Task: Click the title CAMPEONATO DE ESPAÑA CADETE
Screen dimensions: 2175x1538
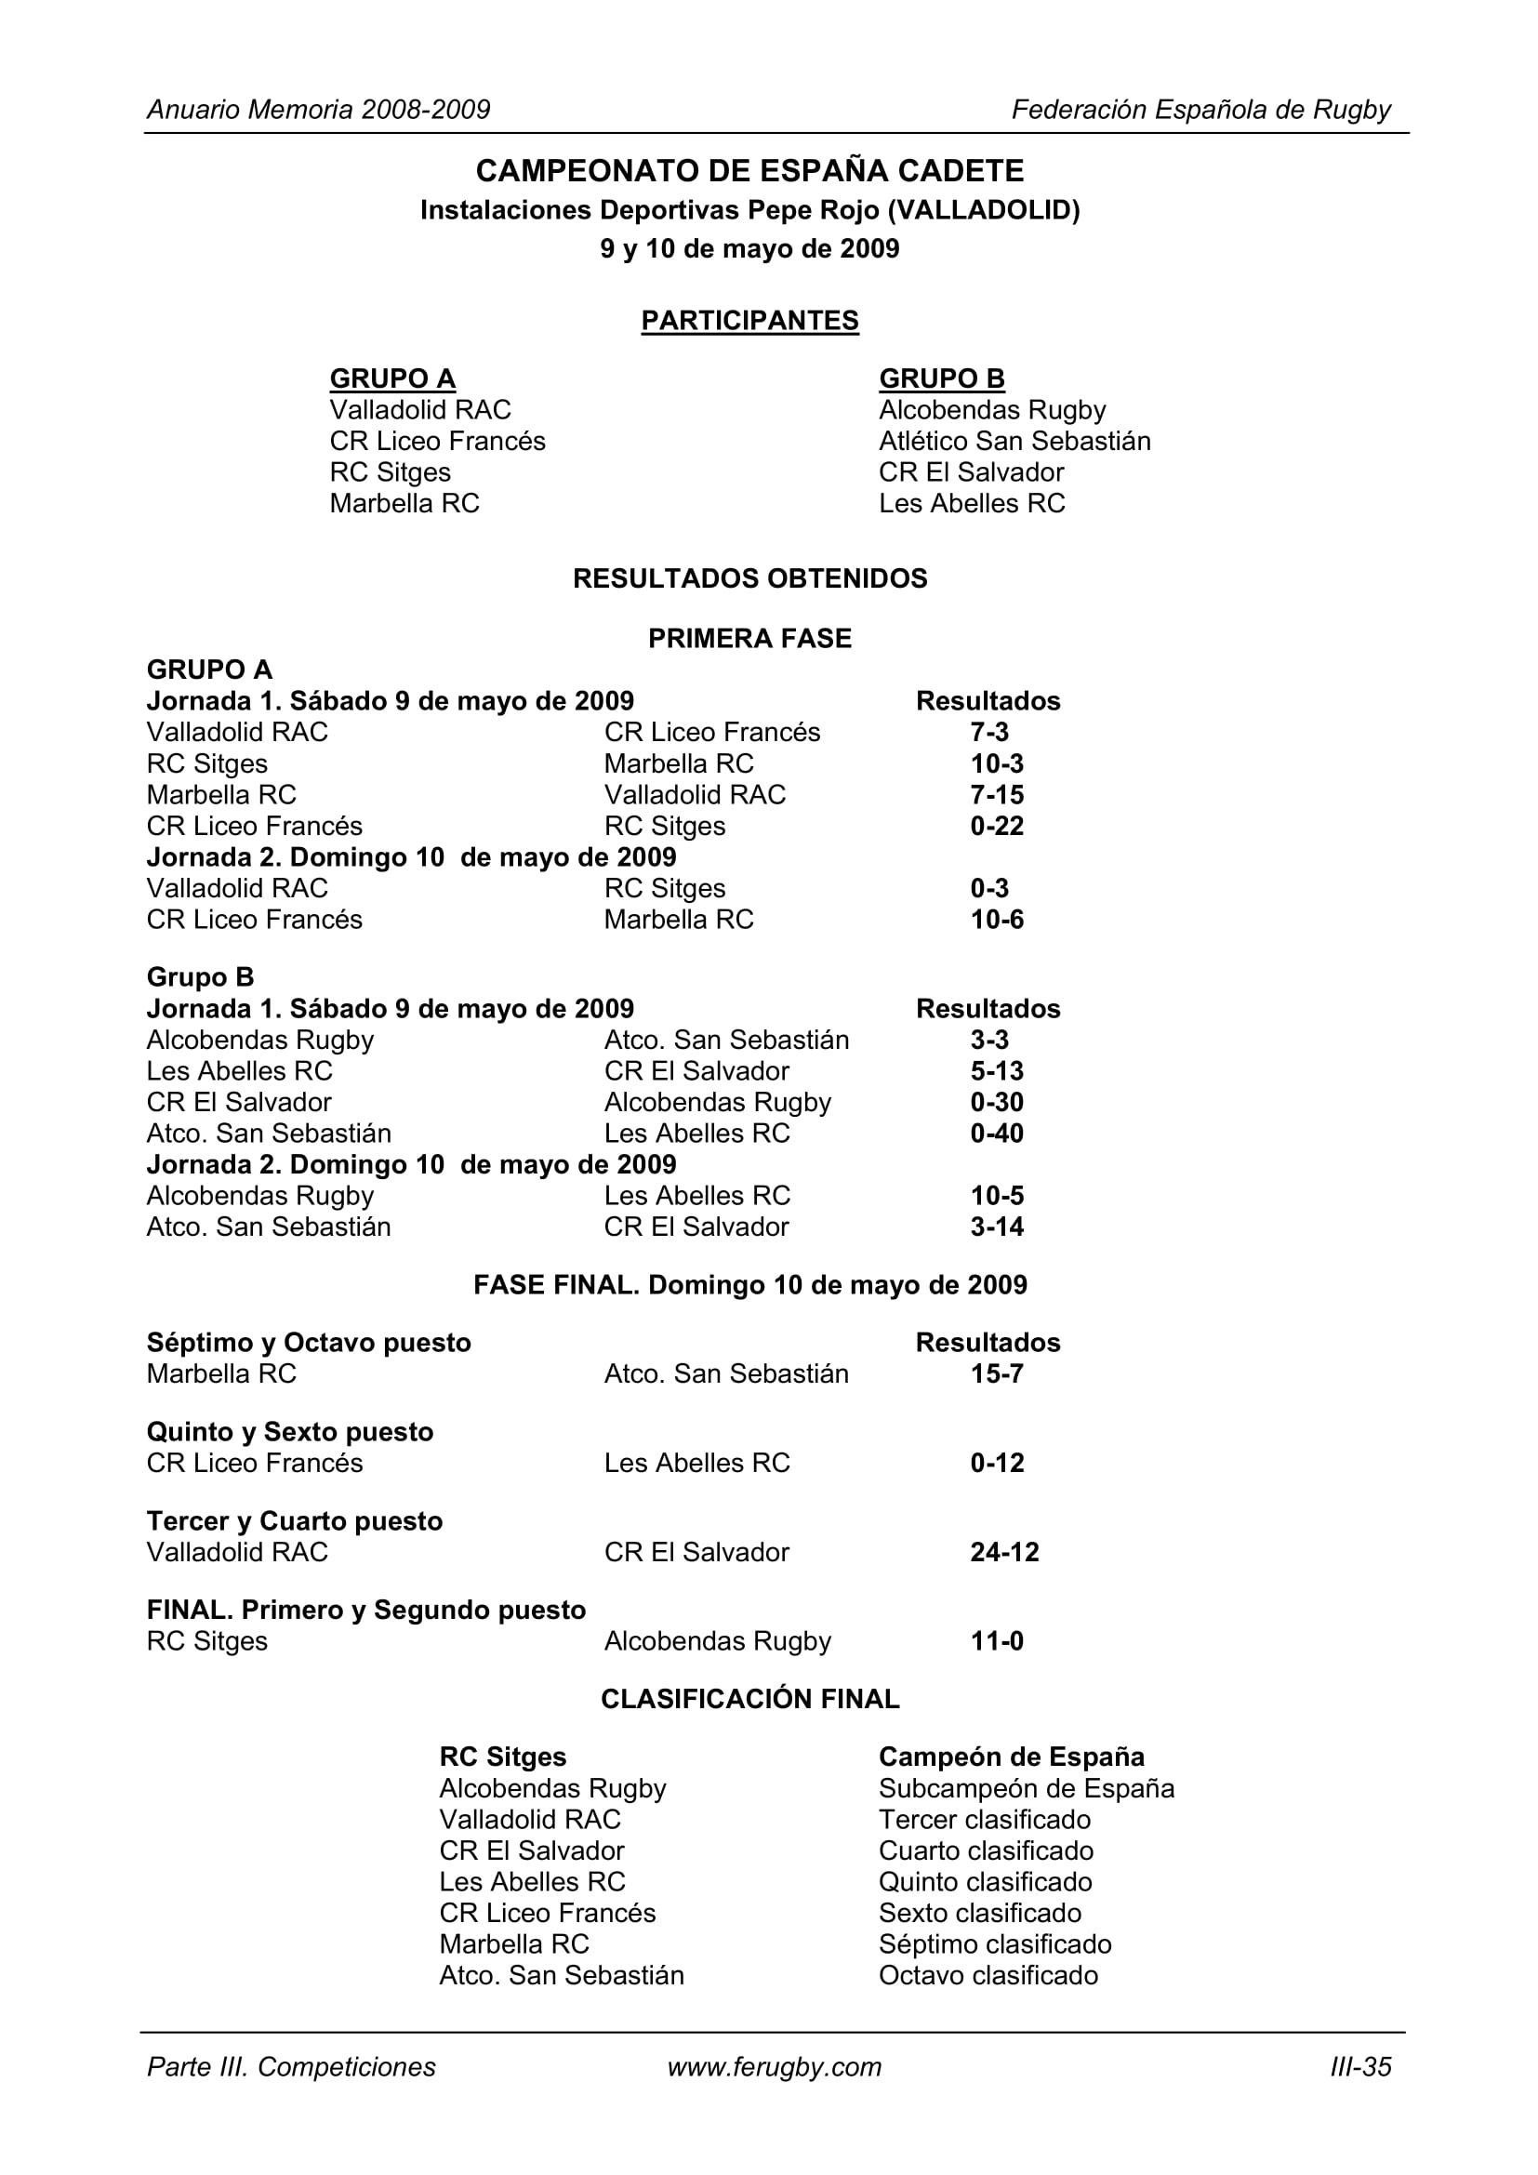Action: (x=749, y=170)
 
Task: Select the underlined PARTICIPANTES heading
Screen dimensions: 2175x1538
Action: (x=749, y=321)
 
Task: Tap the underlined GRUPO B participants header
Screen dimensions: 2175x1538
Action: (x=941, y=378)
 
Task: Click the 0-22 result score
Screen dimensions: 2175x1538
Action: (x=996, y=826)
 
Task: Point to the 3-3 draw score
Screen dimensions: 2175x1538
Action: (x=988, y=1041)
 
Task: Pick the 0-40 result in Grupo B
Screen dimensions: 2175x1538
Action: (x=996, y=1134)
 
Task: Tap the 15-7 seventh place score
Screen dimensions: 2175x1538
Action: (x=996, y=1374)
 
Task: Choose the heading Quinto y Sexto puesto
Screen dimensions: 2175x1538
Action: (x=290, y=1432)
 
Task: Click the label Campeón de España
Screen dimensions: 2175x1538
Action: (x=1012, y=1757)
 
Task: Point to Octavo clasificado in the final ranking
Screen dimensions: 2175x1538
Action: (x=988, y=1976)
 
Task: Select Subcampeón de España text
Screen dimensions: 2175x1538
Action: (x=1027, y=1788)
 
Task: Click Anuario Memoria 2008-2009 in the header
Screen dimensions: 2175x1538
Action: (x=318, y=110)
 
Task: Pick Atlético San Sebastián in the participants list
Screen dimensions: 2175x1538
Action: (x=1014, y=442)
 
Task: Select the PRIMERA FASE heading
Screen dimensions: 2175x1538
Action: (x=749, y=640)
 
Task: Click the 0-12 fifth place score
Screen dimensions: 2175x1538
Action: (x=996, y=1464)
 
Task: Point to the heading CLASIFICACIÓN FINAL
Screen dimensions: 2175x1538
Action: (x=749, y=1700)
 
